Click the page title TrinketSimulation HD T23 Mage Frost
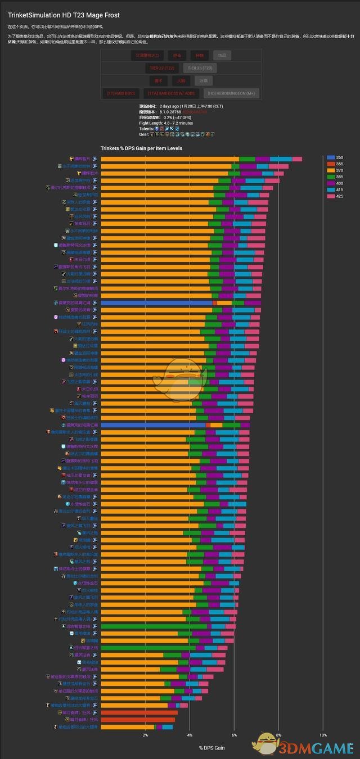click(64, 15)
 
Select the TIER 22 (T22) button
click(161, 68)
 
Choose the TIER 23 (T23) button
click(200, 68)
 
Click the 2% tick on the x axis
click(145, 735)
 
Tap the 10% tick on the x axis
click(323, 735)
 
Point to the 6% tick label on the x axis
click(234, 735)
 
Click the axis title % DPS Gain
click(212, 747)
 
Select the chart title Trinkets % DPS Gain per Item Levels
click(141, 148)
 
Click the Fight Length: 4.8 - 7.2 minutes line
click(166, 123)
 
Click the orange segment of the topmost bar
click(169, 159)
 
